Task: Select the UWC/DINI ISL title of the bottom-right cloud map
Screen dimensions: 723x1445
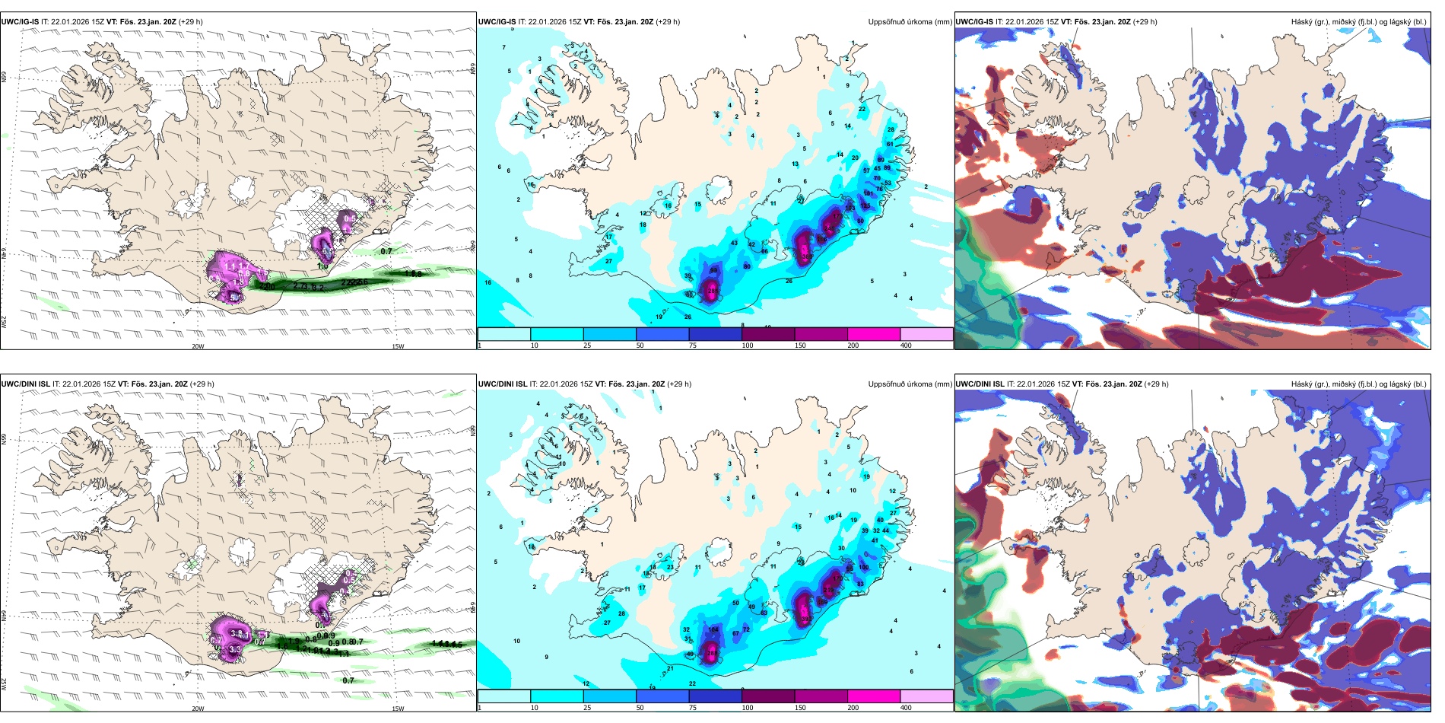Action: pyautogui.click(x=980, y=384)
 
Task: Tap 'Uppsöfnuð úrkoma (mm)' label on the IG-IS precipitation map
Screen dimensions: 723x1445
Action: pyautogui.click(x=910, y=22)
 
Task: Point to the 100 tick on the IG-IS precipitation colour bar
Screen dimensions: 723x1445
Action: pyautogui.click(x=748, y=346)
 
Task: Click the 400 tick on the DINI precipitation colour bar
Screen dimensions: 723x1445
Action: pyautogui.click(x=906, y=708)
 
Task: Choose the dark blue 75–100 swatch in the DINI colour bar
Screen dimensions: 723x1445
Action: pyautogui.click(x=715, y=696)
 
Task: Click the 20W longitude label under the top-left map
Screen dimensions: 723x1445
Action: pyautogui.click(x=198, y=347)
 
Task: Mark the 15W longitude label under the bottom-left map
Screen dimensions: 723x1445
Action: pyautogui.click(x=398, y=709)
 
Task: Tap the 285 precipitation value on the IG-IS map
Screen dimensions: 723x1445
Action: pyautogui.click(x=713, y=291)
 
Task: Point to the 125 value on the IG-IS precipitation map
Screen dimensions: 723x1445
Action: pyautogui.click(x=865, y=205)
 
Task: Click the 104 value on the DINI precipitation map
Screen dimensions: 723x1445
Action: pyautogui.click(x=713, y=629)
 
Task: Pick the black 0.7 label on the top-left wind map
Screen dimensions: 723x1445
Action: pyautogui.click(x=386, y=251)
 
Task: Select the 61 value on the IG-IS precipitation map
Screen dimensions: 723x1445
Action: pyautogui.click(x=890, y=144)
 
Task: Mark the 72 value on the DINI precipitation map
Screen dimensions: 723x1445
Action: pyautogui.click(x=746, y=629)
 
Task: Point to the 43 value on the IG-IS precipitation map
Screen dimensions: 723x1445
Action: pyautogui.click(x=734, y=244)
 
